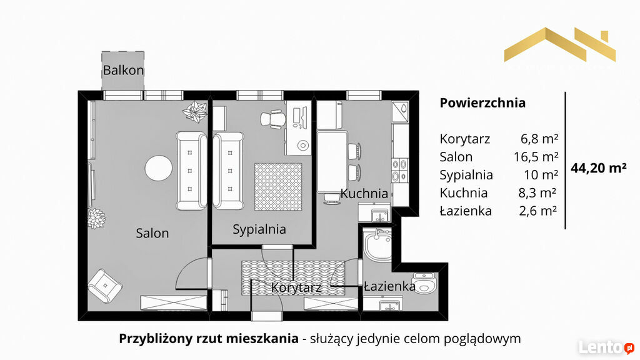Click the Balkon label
[x=123, y=70]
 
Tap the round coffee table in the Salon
[x=158, y=168]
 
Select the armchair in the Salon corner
[x=105, y=286]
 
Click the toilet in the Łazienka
[x=425, y=283]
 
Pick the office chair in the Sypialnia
[x=272, y=119]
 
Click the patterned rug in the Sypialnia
[x=278, y=187]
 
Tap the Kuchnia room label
[x=364, y=194]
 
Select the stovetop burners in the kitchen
[x=400, y=170]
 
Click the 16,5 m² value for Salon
[x=536, y=157]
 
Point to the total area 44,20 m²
[x=598, y=167]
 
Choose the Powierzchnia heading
[x=482, y=102]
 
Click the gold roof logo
[x=559, y=44]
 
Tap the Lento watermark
[x=606, y=347]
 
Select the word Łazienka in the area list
[x=466, y=211]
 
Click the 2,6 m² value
[x=538, y=211]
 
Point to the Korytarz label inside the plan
[x=296, y=287]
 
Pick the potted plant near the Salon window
[x=195, y=111]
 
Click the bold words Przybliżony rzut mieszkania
[x=209, y=338]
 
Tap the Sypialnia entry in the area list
[x=466, y=175]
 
